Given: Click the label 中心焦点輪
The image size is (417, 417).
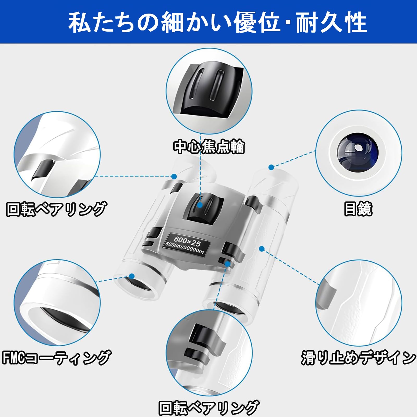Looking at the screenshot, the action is click(209, 146).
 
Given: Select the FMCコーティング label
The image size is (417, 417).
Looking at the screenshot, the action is click(56, 357).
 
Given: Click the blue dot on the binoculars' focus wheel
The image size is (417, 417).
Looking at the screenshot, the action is click(200, 205).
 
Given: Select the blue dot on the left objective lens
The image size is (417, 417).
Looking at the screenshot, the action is click(132, 276).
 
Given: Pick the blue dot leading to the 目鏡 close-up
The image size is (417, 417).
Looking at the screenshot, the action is click(271, 167).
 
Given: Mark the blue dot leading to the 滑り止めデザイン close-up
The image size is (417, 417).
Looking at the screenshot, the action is click(262, 249).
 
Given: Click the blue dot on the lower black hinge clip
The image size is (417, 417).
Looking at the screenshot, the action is click(228, 264).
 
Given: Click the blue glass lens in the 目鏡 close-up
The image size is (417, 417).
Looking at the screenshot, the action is click(357, 152).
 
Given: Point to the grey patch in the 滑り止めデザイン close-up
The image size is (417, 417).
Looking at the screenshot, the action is click(326, 295).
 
